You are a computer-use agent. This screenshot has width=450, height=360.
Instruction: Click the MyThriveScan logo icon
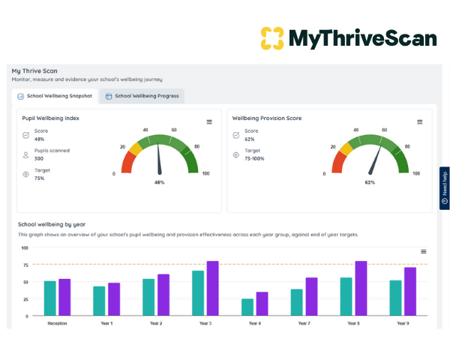(x=272, y=37)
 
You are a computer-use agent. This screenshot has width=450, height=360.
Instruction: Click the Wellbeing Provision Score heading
(x=266, y=118)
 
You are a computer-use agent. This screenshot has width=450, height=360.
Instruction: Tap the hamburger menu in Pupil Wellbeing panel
(x=209, y=121)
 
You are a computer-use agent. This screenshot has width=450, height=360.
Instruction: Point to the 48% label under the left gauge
(x=159, y=182)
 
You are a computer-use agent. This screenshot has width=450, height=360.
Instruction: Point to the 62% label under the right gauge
(x=370, y=182)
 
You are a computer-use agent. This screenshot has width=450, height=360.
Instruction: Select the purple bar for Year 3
(x=212, y=288)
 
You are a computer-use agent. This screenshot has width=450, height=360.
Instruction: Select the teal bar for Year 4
(x=247, y=306)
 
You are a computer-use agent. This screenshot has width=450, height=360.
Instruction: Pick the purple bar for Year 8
(x=361, y=288)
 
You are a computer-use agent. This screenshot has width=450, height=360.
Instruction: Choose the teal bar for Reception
(x=49, y=298)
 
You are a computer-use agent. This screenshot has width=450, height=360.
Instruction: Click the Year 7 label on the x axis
(x=304, y=323)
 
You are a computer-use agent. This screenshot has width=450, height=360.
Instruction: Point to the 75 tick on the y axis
(x=24, y=264)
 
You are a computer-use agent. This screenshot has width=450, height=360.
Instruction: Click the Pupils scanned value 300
(x=39, y=158)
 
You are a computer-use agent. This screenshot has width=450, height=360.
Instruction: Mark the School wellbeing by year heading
(x=52, y=223)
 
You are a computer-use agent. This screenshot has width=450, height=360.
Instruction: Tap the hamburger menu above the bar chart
(x=424, y=251)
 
